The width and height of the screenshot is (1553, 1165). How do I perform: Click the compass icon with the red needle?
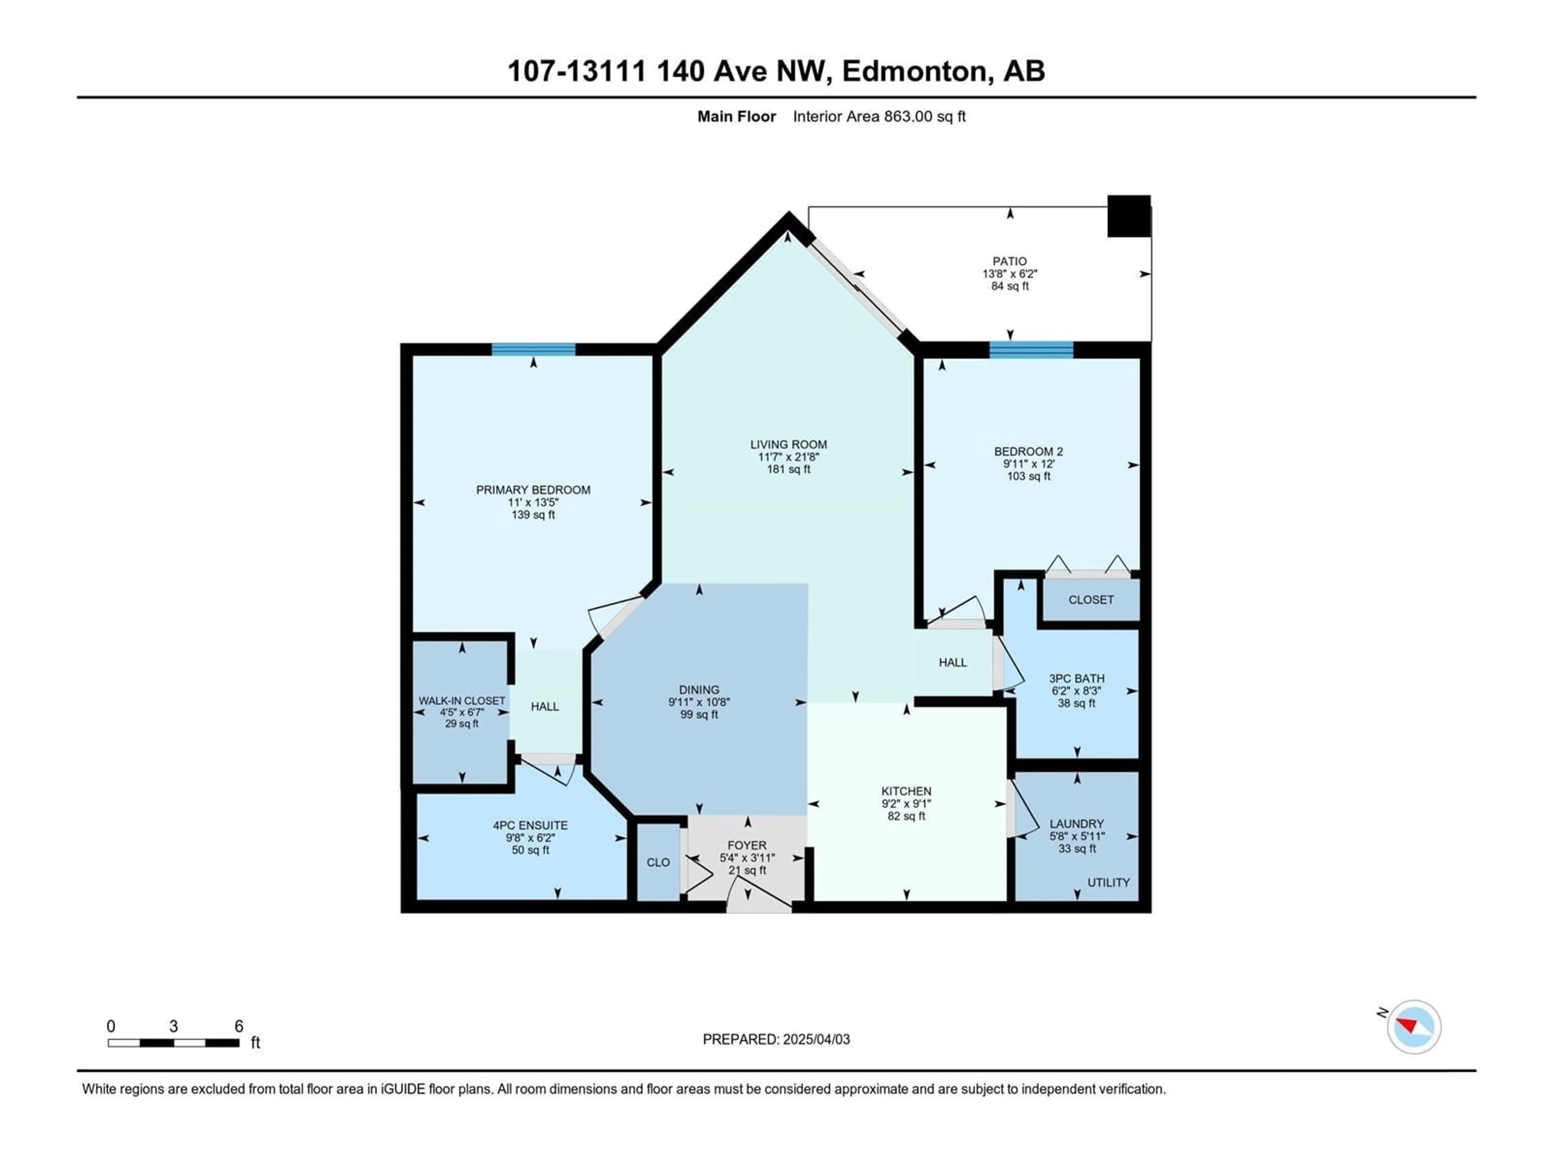pyautogui.click(x=1414, y=1027)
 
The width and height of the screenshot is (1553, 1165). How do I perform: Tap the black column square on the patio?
pyautogui.click(x=1129, y=216)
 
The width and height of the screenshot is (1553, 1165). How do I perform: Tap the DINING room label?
pyautogui.click(x=699, y=690)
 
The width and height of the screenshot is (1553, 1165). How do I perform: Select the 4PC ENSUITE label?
pyautogui.click(x=530, y=825)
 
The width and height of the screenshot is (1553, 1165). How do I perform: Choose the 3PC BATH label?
pyautogui.click(x=1077, y=678)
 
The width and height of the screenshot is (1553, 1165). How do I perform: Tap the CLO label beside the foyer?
pyautogui.click(x=658, y=862)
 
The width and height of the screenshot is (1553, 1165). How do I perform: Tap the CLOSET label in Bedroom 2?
pyautogui.click(x=1091, y=600)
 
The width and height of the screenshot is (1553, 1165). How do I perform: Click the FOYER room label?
pyautogui.click(x=747, y=845)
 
